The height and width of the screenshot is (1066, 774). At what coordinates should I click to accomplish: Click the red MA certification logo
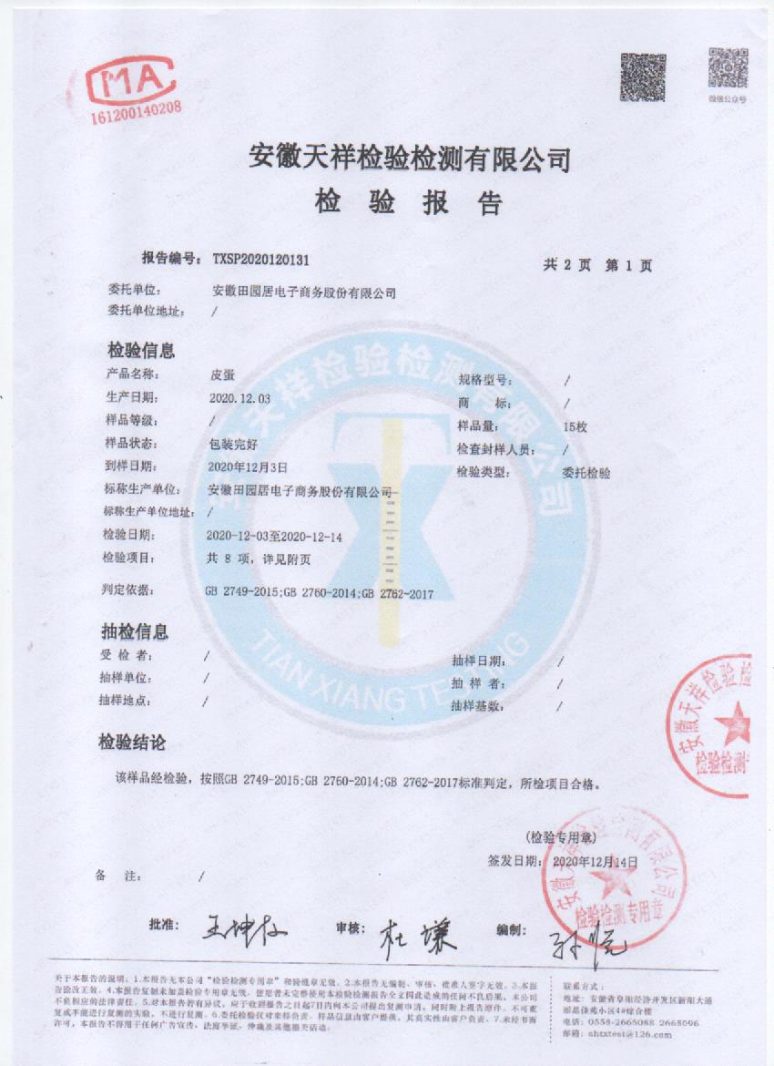click(x=130, y=80)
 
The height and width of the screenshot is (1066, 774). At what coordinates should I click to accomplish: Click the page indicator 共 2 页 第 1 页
click(x=597, y=265)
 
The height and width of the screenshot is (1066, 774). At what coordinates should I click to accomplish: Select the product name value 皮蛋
click(x=221, y=374)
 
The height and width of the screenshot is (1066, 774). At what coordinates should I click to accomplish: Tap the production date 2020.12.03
click(x=240, y=398)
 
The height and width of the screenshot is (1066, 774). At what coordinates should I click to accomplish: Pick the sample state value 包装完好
click(x=235, y=444)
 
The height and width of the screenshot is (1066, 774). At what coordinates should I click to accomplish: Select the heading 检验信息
click(x=141, y=350)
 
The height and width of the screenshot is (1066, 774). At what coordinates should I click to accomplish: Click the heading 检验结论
click(x=134, y=743)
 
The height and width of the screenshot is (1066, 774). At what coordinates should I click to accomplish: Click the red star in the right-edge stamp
click(x=734, y=725)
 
